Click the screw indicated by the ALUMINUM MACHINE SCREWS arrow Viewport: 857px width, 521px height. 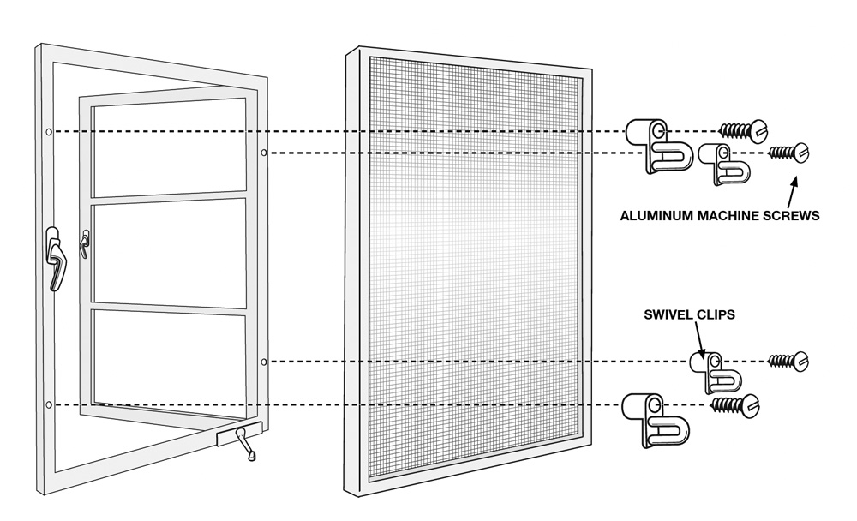788,153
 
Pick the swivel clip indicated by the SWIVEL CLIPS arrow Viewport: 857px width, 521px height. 715,372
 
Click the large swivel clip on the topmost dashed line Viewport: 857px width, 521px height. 659,146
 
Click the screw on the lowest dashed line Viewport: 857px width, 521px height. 734,405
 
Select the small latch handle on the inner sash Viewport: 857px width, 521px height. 84,244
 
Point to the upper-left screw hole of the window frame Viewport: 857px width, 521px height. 49,132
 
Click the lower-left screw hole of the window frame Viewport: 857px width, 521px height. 49,405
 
